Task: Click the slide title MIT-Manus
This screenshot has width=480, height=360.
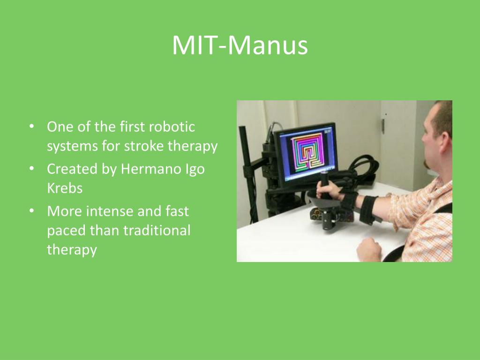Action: pos(240,46)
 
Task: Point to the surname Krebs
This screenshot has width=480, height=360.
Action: pos(65,188)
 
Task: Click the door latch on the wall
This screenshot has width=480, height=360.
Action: pos(383,126)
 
